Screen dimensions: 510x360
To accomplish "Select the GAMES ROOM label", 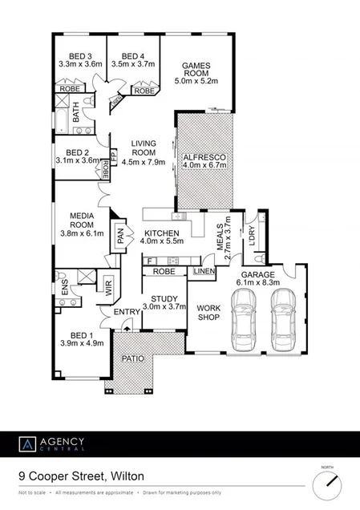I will pyautogui.click(x=196, y=69).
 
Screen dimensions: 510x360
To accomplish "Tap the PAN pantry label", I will pyautogui.click(x=122, y=234).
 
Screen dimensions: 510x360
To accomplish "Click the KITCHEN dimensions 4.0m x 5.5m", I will pyautogui.click(x=162, y=240).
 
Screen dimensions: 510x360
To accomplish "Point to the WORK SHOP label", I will pyautogui.click(x=208, y=311).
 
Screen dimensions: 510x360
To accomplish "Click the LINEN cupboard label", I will pyautogui.click(x=204, y=273).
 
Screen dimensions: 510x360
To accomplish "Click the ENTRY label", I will pyautogui.click(x=127, y=313).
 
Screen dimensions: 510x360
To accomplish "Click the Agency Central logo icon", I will pyautogui.click(x=28, y=443).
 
